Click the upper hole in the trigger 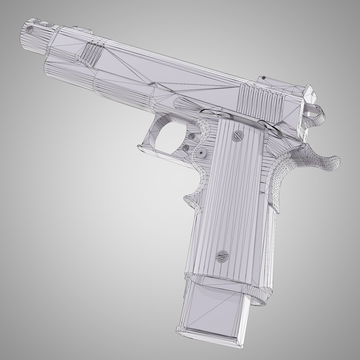point(192,136)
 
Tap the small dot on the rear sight point(264,77)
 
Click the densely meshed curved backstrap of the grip point(280,180)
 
